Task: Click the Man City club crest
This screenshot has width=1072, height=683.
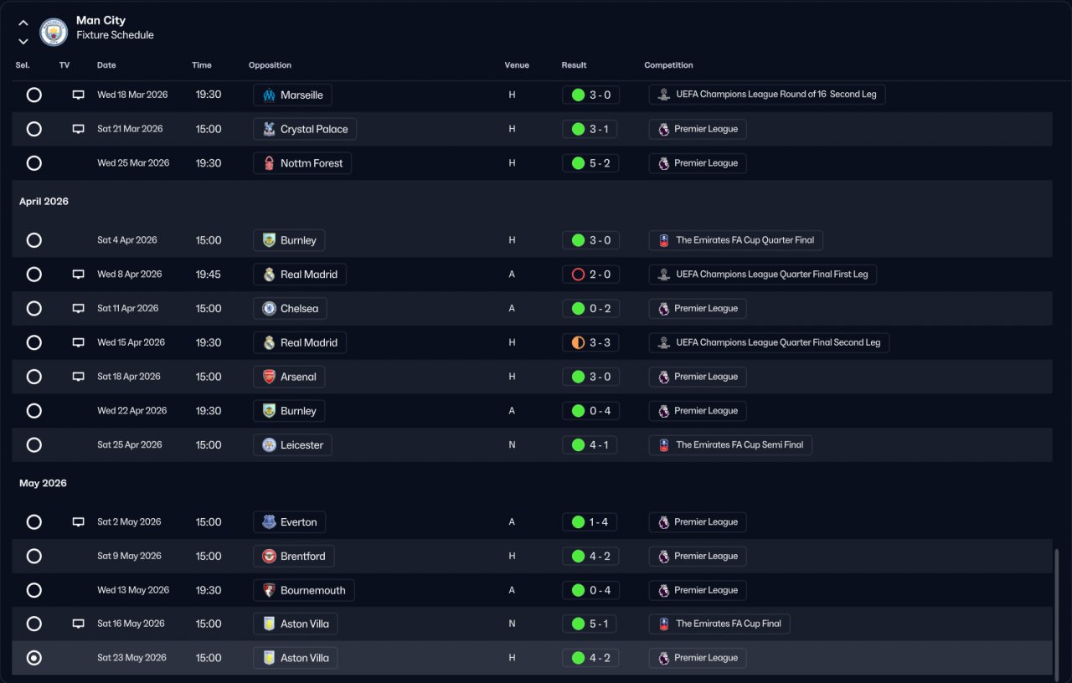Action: pos(54,32)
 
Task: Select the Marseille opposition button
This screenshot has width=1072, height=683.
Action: pos(292,95)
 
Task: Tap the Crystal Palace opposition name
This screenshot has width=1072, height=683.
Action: pos(314,130)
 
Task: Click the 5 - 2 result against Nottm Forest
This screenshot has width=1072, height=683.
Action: pos(591,163)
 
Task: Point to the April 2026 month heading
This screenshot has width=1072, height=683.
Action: pos(44,202)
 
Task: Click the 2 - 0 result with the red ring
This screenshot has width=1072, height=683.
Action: pos(591,275)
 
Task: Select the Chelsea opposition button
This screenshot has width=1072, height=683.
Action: pos(290,309)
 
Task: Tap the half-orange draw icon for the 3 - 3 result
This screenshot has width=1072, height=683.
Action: pos(578,343)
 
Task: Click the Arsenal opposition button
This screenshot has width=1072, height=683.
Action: pos(289,377)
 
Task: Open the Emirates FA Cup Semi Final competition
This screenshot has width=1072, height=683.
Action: pos(730,445)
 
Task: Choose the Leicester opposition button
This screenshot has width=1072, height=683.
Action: pos(292,445)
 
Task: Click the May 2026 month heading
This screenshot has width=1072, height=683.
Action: pos(43,484)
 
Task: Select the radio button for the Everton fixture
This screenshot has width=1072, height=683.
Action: pos(34,522)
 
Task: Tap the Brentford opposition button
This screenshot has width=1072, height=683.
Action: pos(293,557)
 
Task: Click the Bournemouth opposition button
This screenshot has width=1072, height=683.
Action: pos(303,590)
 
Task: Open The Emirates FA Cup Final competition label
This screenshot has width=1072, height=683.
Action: pos(719,624)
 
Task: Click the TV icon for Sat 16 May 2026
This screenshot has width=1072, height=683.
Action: pos(79,624)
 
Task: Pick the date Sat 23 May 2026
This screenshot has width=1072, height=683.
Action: pos(131,658)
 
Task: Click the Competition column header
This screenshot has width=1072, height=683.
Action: pos(668,65)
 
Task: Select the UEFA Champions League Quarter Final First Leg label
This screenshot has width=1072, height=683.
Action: pos(762,275)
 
